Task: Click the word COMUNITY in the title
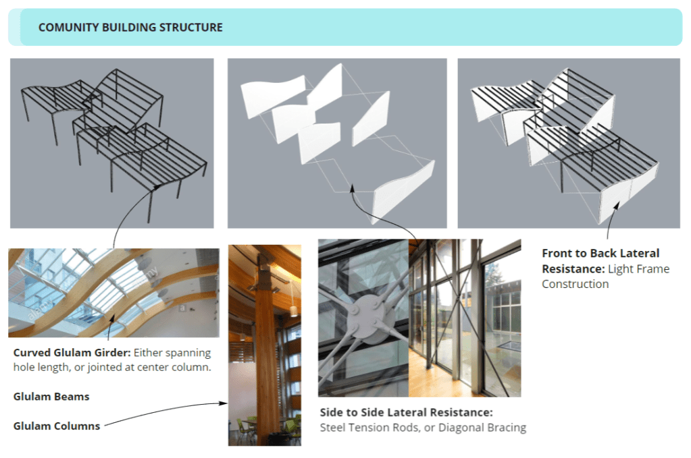68,27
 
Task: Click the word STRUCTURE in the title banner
190,27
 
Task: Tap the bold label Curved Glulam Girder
72,353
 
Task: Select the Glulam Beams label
51,397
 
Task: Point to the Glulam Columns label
57,426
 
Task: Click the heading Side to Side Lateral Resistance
407,412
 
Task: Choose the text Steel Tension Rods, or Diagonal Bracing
423,428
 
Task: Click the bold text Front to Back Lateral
600,254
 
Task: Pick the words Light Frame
638,269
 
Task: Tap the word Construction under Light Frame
575,284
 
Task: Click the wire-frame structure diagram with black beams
112,144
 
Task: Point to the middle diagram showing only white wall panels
337,144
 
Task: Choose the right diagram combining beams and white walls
569,144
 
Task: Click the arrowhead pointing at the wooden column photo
224,403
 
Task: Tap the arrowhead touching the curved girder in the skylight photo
112,318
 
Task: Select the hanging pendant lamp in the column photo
293,310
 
